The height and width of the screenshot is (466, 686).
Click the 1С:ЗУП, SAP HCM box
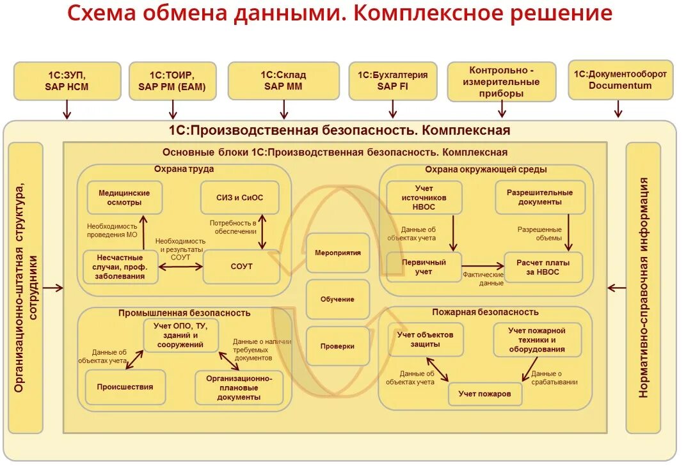(x=67, y=81)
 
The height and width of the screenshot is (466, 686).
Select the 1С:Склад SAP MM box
(x=284, y=81)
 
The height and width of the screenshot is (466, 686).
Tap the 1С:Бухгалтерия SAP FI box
(x=393, y=81)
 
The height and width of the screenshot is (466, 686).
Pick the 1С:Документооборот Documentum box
(x=620, y=80)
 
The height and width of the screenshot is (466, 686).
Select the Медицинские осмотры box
(x=124, y=198)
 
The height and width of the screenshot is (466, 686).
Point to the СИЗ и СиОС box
(x=240, y=198)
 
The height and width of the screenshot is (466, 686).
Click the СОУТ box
(x=241, y=266)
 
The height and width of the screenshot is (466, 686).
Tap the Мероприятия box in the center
(x=338, y=252)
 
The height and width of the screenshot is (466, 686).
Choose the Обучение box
(x=338, y=299)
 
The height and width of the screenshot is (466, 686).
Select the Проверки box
(x=338, y=346)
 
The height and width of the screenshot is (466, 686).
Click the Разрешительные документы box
(x=539, y=197)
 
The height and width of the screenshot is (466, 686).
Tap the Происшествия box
(x=125, y=387)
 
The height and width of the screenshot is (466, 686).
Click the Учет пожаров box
(x=484, y=394)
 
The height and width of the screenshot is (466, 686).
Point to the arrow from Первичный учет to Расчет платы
(x=483, y=265)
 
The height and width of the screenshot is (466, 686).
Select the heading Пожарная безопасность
(x=485, y=312)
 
